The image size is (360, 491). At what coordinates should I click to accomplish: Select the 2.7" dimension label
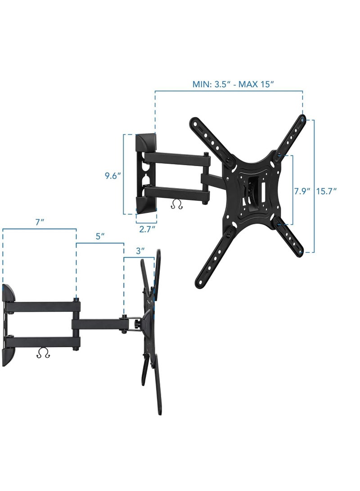(147, 229)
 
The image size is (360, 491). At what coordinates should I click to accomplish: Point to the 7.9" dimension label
(302, 191)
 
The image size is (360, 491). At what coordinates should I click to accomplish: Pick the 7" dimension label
(39, 222)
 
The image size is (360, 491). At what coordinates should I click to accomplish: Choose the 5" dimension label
(100, 236)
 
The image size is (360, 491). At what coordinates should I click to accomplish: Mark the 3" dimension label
(140, 250)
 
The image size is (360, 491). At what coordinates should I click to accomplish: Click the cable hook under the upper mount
(177, 205)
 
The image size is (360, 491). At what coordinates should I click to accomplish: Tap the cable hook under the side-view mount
(43, 354)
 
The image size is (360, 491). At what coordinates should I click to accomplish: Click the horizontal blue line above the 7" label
(39, 229)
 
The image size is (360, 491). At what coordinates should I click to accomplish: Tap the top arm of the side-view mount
(43, 306)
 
